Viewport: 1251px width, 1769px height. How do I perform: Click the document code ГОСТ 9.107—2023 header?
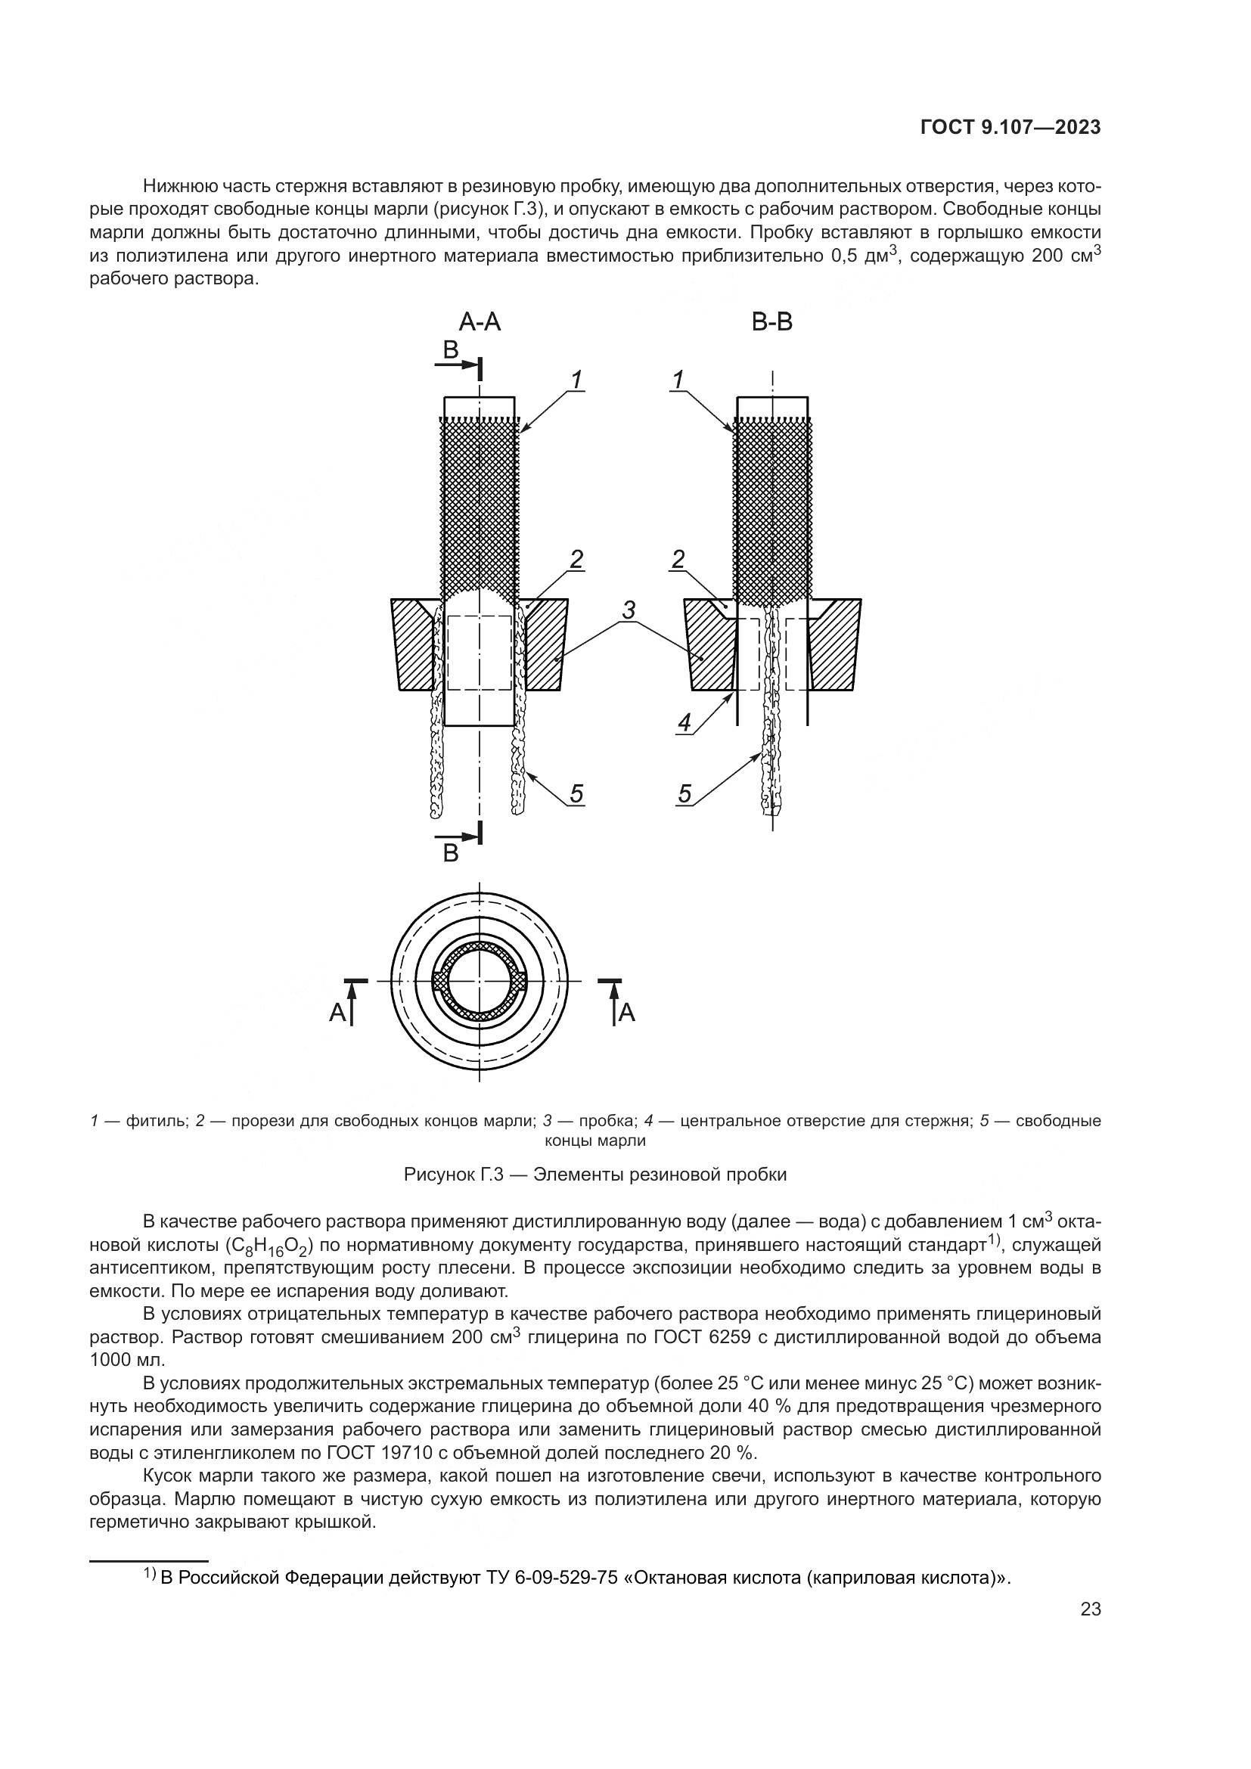click(1010, 128)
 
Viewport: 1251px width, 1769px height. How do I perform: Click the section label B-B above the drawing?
click(772, 322)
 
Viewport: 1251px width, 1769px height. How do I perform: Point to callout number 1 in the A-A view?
click(576, 380)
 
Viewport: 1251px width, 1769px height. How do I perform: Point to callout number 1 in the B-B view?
click(678, 380)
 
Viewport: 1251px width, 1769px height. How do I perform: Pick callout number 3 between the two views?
click(629, 610)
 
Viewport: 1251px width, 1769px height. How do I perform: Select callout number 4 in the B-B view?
click(684, 723)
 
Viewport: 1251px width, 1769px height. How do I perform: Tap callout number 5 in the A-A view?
click(576, 793)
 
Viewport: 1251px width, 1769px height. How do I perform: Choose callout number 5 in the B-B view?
click(684, 793)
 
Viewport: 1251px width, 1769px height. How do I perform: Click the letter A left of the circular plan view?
click(337, 1013)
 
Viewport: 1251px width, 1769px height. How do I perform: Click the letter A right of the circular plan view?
click(627, 1013)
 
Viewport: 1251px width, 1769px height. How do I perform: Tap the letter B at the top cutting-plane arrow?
click(451, 351)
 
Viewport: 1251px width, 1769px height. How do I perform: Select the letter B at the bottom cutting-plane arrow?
click(451, 853)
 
